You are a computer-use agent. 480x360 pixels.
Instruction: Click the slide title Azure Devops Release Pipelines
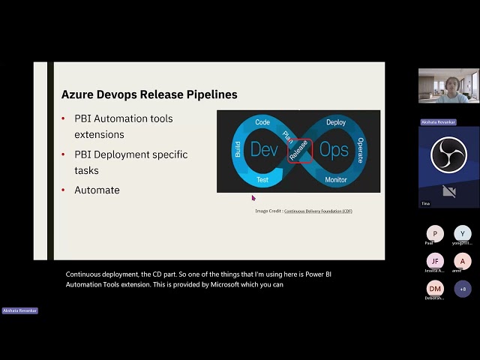[149, 94]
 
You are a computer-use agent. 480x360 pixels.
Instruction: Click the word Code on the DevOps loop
[262, 121]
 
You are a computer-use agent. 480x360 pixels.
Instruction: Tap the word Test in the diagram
[262, 180]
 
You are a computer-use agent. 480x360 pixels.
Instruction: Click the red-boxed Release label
[300, 151]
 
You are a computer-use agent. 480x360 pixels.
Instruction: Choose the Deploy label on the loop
[335, 121]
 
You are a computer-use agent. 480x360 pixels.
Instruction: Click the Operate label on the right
[361, 150]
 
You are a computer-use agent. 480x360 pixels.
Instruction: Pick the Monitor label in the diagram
[335, 180]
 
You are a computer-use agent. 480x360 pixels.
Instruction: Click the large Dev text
[264, 150]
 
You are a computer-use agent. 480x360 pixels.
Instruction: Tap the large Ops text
[334, 150]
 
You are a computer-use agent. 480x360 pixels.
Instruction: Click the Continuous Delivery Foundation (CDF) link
[318, 211]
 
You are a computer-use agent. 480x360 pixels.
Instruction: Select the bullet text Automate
[97, 190]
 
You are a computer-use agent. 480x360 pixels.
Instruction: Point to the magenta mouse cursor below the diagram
[253, 198]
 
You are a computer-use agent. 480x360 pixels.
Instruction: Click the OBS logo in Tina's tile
[448, 154]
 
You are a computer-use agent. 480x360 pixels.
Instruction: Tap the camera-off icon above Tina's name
[448, 191]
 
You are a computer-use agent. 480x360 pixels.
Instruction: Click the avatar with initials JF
[435, 261]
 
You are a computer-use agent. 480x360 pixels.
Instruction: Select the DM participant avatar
[435, 288]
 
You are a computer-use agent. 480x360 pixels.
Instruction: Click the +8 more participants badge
[463, 288]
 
